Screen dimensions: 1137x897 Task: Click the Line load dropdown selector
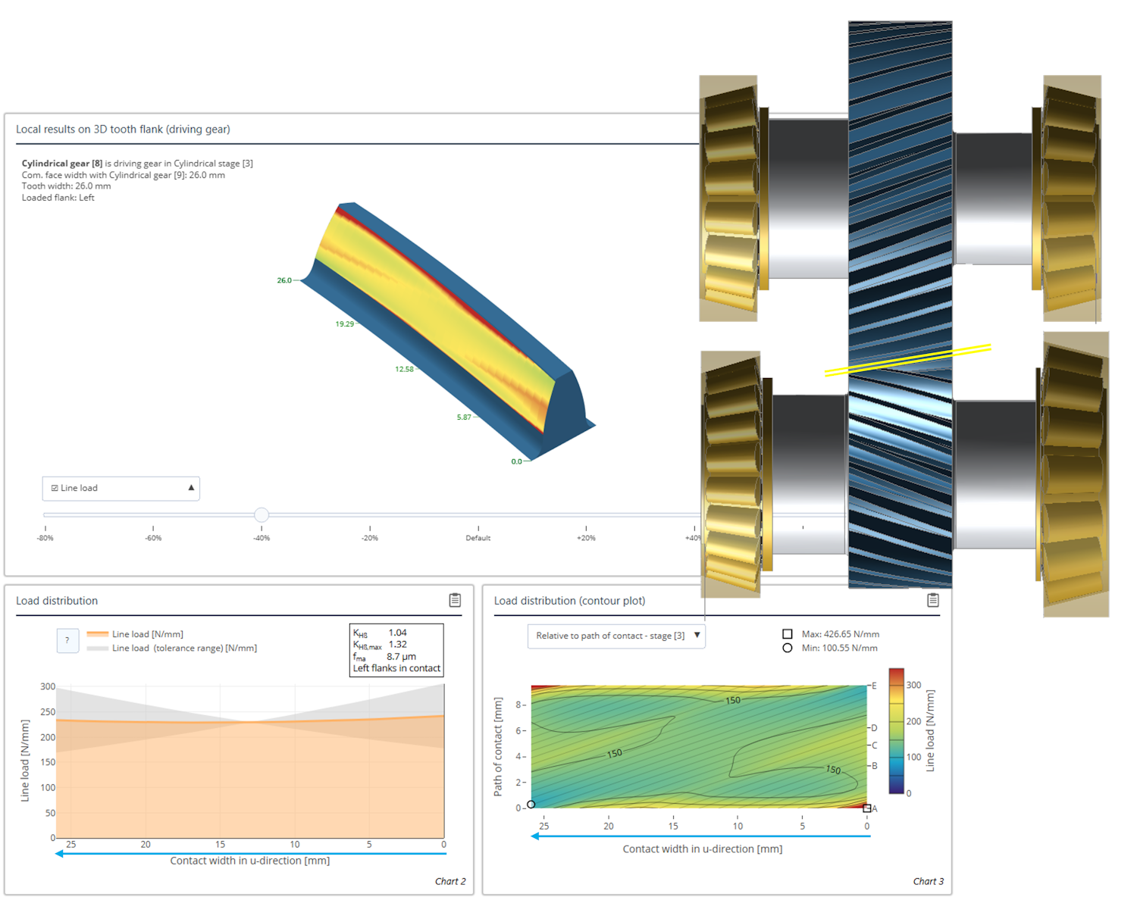click(121, 488)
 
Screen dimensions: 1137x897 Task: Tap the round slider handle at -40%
click(262, 514)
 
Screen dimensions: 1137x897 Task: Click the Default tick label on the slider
click(478, 538)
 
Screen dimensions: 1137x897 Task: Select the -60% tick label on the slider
click(153, 538)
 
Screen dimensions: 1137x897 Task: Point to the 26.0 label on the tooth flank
click(284, 280)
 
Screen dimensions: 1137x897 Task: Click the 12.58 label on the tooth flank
click(404, 369)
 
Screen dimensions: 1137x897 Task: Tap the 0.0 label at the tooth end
click(516, 461)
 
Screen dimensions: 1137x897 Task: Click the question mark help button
click(67, 640)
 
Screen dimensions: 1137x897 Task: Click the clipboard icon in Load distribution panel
click(455, 600)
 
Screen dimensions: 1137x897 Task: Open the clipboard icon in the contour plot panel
click(933, 600)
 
